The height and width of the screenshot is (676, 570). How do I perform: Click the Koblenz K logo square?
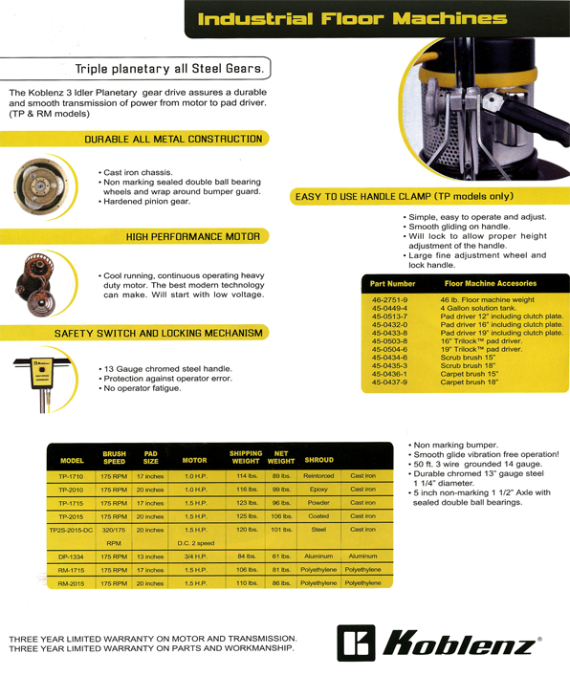coord(356,643)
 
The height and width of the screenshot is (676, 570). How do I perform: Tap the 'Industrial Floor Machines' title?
coord(352,19)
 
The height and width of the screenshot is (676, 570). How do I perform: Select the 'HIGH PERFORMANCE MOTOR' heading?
coord(193,237)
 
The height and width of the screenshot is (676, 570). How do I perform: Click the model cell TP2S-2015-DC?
coord(71,530)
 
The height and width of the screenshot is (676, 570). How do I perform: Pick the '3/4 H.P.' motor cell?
coord(195,556)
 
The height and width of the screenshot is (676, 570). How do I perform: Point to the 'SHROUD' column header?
coord(319,460)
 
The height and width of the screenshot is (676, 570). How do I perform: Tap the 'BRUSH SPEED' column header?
coord(114,457)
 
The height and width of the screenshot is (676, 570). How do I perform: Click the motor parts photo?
coord(35,285)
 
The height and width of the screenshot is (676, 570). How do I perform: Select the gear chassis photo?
coord(40,186)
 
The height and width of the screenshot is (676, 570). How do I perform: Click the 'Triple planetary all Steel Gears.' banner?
coord(169,69)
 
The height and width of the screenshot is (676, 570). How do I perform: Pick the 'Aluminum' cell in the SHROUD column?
coord(318,556)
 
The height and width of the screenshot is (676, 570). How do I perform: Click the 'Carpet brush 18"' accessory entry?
coord(470,382)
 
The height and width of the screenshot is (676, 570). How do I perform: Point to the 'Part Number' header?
coord(392,284)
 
